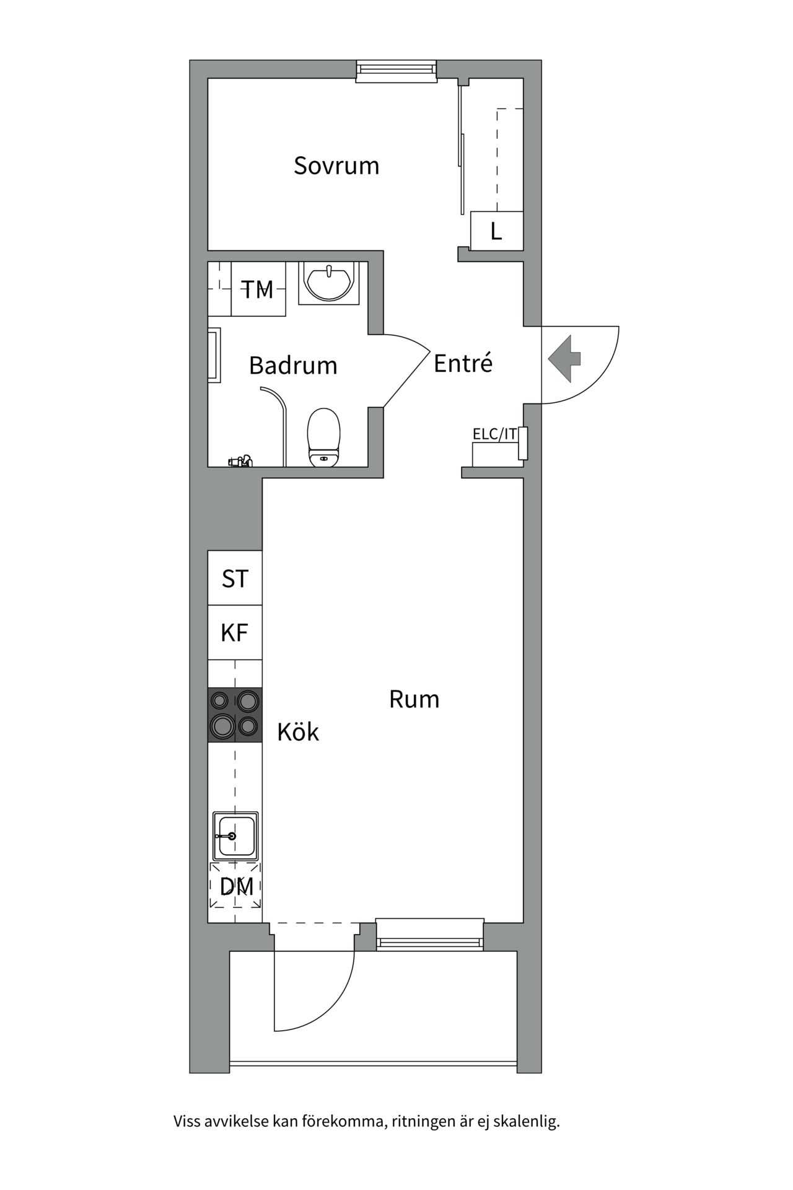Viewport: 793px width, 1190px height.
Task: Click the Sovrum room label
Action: [336, 166]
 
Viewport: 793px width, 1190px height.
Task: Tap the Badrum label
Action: [293, 366]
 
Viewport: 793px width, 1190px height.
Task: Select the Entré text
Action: [463, 363]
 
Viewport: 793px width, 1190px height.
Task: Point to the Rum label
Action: [414, 699]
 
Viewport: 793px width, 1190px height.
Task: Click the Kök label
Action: [297, 733]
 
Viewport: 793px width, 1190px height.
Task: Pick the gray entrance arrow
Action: [564, 358]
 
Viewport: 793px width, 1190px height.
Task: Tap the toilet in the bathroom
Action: [324, 437]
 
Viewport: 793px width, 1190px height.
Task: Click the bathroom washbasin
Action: [329, 283]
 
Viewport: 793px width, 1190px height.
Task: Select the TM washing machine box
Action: [258, 289]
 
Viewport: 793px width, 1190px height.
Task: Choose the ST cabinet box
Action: [235, 578]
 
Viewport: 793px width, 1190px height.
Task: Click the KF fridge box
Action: [235, 633]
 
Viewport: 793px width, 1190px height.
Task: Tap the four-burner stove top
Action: [235, 715]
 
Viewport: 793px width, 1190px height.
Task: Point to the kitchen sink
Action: [235, 835]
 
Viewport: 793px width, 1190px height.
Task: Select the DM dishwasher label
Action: [236, 886]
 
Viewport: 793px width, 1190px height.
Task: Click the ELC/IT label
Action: [494, 434]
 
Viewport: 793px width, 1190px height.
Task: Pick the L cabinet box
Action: [496, 231]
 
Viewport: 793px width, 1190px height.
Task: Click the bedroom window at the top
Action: [396, 70]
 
